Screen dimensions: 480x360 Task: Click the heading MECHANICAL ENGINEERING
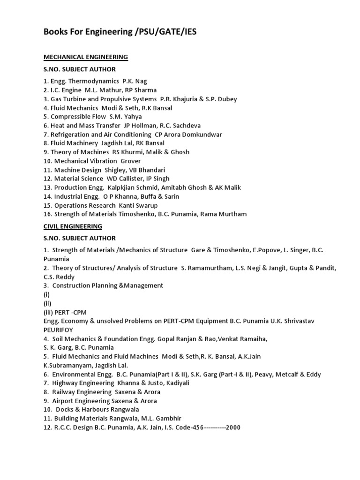pyautogui.click(x=86, y=57)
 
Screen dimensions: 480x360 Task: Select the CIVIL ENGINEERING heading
pyautogui.click(x=73, y=226)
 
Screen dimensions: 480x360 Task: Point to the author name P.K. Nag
pyautogui.click(x=135, y=81)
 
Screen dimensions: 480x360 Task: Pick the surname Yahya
pyautogui.click(x=132, y=117)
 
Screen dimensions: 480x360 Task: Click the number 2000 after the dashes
pyautogui.click(x=233, y=427)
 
